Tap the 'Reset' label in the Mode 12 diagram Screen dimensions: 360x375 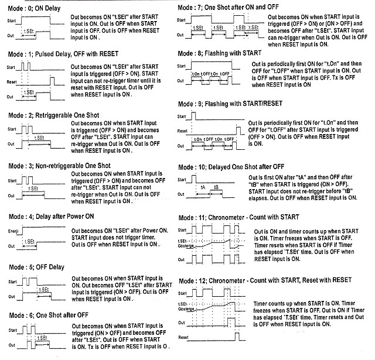pos(183,338)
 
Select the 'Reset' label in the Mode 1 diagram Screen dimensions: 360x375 pos(12,83)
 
